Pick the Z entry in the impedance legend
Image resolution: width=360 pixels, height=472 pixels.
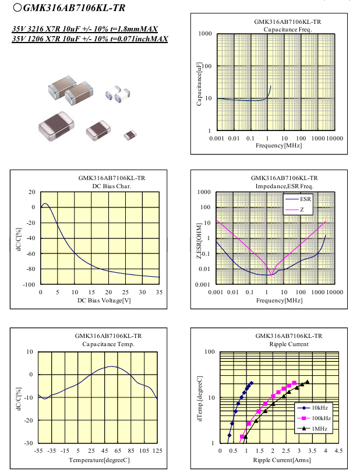coord(302,209)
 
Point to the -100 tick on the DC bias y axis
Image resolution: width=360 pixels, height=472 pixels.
coord(29,284)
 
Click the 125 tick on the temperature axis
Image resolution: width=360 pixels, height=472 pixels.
coord(157,451)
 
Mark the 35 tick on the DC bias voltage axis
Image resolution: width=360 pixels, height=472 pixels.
coord(158,291)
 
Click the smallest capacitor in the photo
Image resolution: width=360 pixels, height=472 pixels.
coord(130,135)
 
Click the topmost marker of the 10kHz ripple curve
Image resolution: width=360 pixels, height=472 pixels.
coord(251,383)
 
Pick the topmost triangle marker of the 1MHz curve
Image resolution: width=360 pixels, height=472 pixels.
coord(307,382)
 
